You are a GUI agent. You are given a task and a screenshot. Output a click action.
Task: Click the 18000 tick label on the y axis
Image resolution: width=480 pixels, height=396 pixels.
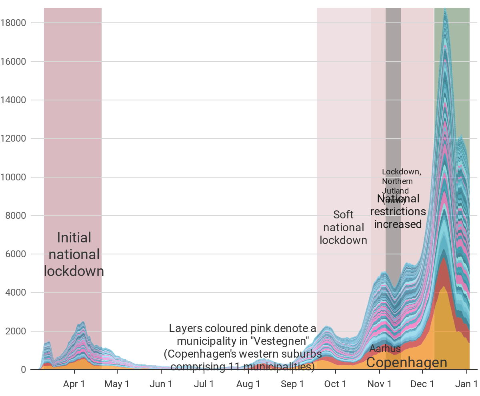click(x=13, y=23)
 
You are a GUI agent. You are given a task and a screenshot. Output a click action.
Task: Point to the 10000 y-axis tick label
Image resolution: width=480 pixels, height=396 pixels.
click(x=13, y=177)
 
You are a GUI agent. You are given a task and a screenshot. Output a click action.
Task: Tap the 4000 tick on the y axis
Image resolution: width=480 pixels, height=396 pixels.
click(x=15, y=293)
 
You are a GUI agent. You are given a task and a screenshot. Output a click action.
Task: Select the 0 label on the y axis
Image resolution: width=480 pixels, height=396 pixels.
click(x=23, y=370)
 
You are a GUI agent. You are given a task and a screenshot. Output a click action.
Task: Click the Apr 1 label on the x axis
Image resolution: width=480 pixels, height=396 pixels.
click(x=74, y=384)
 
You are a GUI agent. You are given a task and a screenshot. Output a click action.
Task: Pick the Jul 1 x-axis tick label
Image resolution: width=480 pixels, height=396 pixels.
click(x=204, y=384)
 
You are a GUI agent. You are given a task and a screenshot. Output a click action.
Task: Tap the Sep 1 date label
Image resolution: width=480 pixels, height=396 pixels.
click(x=292, y=384)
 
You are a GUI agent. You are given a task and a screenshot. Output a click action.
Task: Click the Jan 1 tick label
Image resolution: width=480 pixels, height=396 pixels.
click(x=467, y=384)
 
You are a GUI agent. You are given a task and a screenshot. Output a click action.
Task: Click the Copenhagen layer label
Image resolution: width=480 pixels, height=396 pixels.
click(x=406, y=362)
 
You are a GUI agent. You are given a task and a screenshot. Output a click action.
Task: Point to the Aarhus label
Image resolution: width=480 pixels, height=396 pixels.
click(x=385, y=348)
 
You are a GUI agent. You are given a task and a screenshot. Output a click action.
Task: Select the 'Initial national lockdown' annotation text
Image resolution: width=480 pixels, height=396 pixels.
click(x=74, y=254)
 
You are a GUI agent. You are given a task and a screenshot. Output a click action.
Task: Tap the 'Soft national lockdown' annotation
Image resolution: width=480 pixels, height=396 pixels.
click(x=343, y=227)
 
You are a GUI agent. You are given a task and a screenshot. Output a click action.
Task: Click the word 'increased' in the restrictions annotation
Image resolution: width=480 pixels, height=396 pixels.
click(x=398, y=224)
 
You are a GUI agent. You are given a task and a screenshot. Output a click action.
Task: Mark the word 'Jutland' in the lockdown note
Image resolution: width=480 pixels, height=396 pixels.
click(x=395, y=191)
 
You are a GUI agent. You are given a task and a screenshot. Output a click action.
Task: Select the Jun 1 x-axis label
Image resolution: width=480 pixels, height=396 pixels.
click(x=161, y=384)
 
